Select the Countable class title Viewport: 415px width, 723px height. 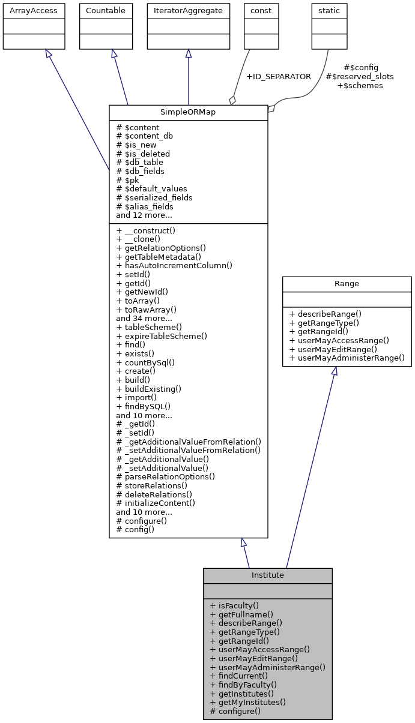(x=106, y=11)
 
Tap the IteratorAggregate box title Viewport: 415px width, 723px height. (x=188, y=11)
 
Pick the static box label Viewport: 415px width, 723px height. (x=327, y=11)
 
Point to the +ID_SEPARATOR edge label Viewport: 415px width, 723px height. (x=279, y=77)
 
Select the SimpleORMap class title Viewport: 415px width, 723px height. (x=188, y=113)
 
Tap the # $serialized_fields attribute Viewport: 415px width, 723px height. (x=154, y=197)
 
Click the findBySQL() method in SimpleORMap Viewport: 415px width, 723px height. (x=139, y=406)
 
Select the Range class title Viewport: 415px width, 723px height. (x=347, y=283)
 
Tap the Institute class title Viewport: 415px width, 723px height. (x=267, y=575)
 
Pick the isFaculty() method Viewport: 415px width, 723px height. (x=234, y=605)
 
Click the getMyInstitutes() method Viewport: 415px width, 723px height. (x=248, y=702)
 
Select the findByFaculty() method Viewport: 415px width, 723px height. (x=243, y=685)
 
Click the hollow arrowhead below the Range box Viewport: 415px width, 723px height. (x=335, y=371)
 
